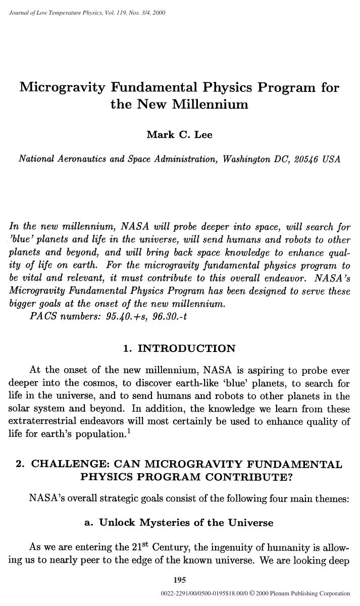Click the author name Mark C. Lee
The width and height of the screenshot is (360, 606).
coord(179,134)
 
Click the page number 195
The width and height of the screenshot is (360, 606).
coord(179,579)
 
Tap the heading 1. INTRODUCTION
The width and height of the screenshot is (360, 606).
coord(179,349)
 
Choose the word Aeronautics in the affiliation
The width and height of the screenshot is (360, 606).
coord(81,159)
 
